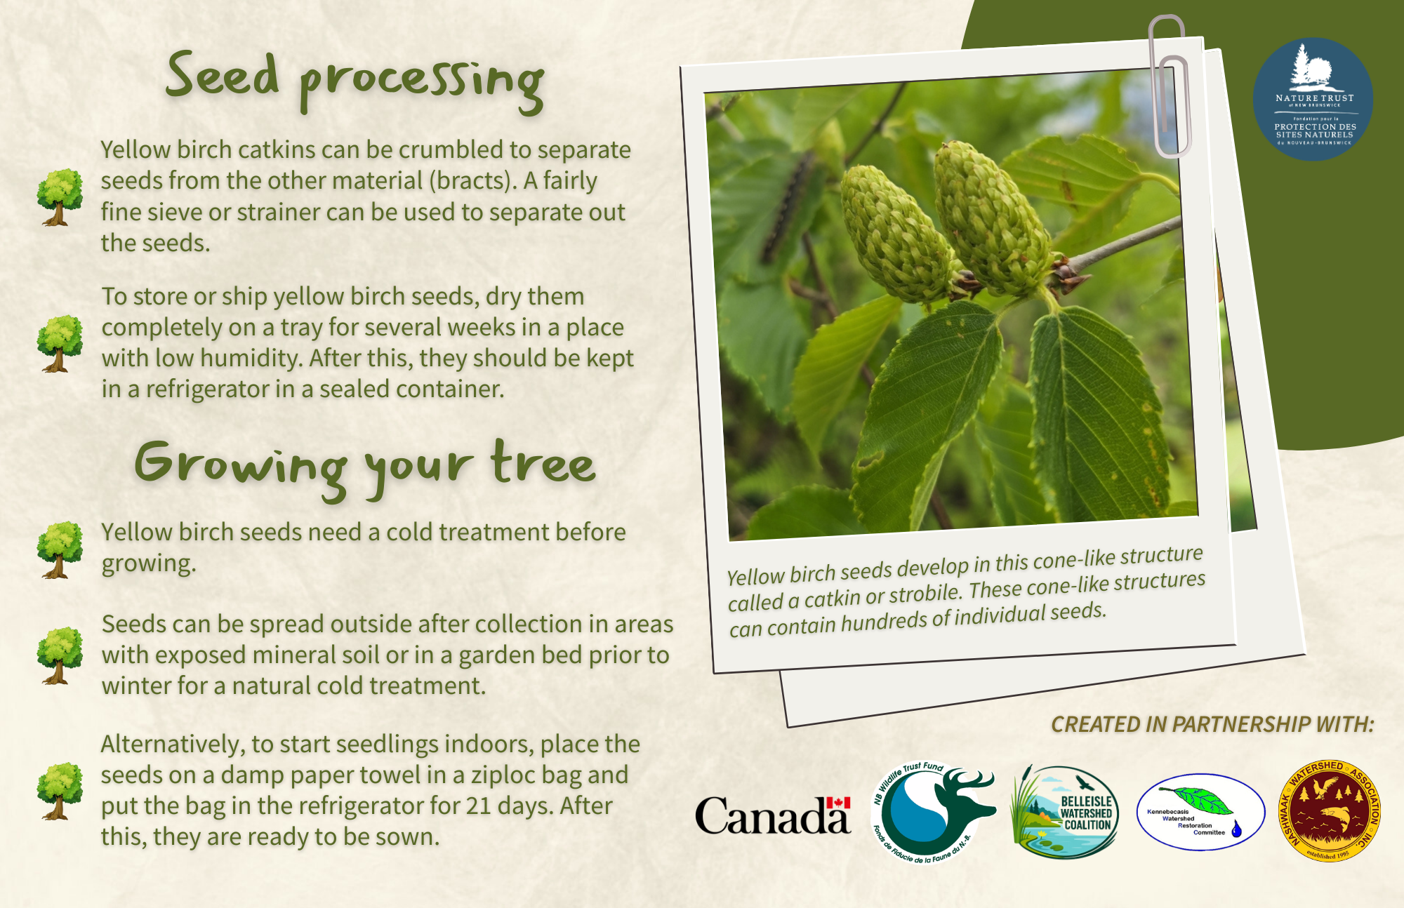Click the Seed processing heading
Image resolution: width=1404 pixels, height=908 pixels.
355,79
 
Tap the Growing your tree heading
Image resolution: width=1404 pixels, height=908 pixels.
365,465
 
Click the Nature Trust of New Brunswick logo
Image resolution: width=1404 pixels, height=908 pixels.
1313,99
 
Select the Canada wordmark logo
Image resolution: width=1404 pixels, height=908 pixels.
772,815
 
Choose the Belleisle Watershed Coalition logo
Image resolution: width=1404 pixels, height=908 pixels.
1065,813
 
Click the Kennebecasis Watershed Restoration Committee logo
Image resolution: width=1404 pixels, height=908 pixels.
1200,813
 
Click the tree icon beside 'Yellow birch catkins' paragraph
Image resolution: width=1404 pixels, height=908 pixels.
60,197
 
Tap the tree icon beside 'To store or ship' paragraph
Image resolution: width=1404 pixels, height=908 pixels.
60,343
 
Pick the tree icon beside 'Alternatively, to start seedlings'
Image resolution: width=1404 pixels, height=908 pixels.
60,791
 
